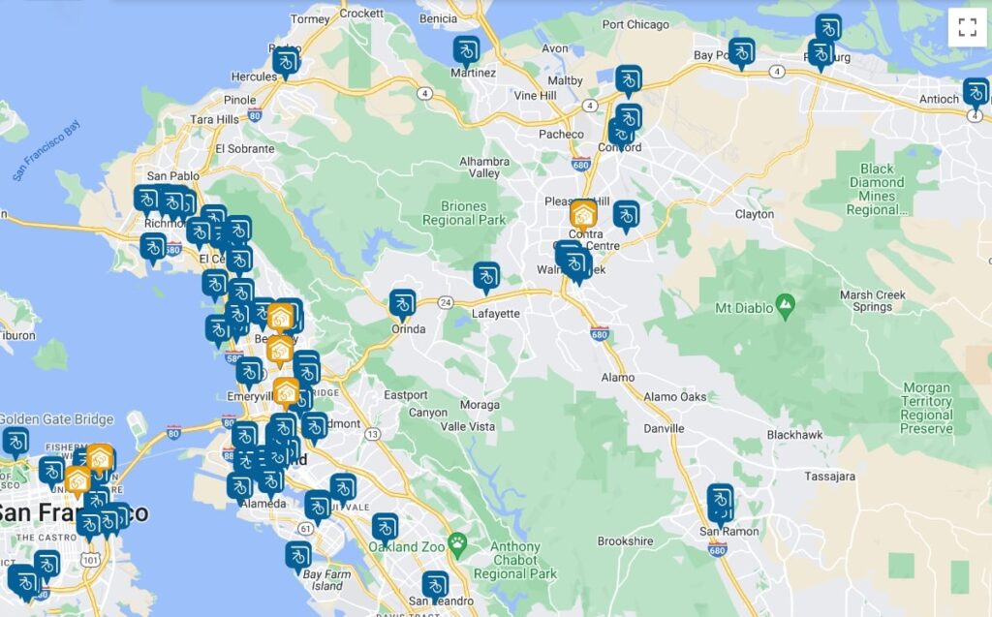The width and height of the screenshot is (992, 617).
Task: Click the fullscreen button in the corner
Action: point(967,27)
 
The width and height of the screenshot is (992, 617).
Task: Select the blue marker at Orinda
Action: point(402,304)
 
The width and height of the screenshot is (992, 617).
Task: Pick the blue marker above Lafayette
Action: point(486,277)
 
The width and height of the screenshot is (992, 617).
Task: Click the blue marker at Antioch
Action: point(976,93)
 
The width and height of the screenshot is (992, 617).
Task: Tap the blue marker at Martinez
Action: point(466,49)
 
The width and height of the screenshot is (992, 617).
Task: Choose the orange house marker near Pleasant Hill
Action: point(583,214)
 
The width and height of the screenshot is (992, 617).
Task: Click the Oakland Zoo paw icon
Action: point(457,542)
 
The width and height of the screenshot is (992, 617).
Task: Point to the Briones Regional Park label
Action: point(464,213)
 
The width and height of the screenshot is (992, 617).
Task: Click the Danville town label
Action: point(664,427)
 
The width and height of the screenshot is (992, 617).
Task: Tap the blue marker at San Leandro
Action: point(435,585)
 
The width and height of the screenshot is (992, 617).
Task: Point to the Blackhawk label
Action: point(794,435)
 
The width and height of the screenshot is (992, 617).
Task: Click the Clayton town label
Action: point(755,214)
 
